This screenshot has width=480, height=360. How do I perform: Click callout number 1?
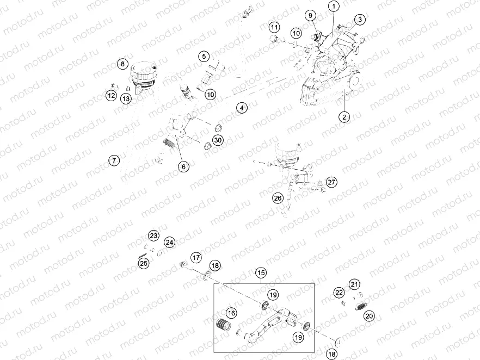pos(334,6)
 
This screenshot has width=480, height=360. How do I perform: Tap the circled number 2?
pos(344,117)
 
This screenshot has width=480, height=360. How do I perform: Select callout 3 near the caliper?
pos(360,20)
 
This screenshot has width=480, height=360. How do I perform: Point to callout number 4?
pos(242,108)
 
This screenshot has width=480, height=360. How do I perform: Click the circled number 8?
pos(123,64)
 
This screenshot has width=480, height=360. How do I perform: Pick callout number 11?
pos(274,28)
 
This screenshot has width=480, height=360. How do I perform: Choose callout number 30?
pos(218,140)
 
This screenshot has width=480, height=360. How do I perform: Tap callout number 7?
pos(114,160)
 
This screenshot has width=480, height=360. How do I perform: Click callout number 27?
pos(331,182)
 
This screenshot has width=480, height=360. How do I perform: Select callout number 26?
pos(278,198)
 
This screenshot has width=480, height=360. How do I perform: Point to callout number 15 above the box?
pos(261,272)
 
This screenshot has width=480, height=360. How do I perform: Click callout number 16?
pos(231,313)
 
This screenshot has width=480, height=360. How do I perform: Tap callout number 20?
pos(369,316)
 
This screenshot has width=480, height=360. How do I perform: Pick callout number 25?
pos(144,263)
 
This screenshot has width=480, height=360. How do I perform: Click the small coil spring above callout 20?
pos(361,306)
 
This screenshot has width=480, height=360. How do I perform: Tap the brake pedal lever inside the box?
pos(269,323)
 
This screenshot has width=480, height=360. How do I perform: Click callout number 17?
pos(196,258)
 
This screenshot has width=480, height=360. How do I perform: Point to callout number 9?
pos(310,15)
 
